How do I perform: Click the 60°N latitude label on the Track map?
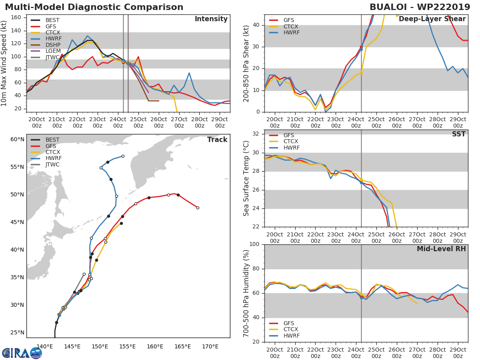click(17, 140)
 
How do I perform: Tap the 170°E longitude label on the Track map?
click(210, 346)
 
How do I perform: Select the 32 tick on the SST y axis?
click(256, 134)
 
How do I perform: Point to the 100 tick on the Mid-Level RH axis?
click(254, 244)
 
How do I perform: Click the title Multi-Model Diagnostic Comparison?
click(94, 7)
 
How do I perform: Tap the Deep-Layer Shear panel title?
click(432, 19)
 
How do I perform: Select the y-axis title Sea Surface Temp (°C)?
click(246, 178)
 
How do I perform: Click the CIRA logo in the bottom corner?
click(22, 353)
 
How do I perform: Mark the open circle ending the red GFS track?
click(198, 208)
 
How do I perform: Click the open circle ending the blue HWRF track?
click(123, 156)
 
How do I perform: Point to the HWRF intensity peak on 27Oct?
click(189, 73)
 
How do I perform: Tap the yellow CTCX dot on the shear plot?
click(361, 73)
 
